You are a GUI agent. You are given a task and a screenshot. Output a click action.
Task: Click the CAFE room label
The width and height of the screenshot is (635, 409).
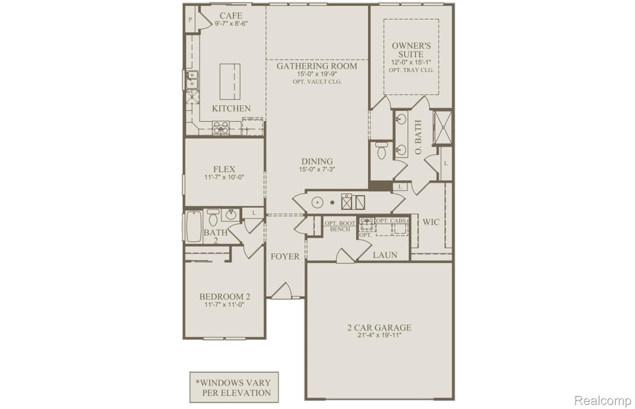point(231,15)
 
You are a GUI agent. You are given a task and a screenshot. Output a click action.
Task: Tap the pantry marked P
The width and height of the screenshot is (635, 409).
point(190,20)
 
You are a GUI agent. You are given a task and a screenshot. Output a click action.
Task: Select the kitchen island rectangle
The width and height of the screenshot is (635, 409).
point(230,82)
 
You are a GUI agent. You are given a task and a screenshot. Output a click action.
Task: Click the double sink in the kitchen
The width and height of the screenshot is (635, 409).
point(192,79)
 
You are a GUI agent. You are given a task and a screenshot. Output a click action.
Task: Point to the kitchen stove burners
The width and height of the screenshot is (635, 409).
point(221,128)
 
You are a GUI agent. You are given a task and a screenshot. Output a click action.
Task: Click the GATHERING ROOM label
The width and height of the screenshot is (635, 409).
point(317,66)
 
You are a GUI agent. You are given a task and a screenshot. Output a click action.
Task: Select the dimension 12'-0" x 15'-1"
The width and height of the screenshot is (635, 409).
point(411,62)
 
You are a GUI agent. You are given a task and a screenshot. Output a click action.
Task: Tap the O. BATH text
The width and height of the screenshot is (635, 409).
point(418,137)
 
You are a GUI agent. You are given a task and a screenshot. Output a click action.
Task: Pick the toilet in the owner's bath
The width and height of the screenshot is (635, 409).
point(381,150)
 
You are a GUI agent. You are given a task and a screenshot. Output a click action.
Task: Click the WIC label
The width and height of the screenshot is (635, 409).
point(431,222)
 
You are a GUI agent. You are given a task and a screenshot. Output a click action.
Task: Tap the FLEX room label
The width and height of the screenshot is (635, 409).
point(224,169)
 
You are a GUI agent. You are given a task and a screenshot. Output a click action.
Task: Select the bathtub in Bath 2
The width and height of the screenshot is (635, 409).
point(194,227)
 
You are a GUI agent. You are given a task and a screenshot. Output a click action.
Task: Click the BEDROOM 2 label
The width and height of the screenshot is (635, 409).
point(224,297)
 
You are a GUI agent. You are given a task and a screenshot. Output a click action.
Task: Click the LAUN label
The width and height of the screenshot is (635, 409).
point(385,255)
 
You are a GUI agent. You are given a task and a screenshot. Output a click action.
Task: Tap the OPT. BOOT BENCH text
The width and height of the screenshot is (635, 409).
point(340,226)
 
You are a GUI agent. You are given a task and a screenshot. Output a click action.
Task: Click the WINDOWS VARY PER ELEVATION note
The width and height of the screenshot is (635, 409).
point(234,388)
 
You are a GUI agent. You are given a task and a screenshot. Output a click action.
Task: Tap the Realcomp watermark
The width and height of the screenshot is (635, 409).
point(602,400)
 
